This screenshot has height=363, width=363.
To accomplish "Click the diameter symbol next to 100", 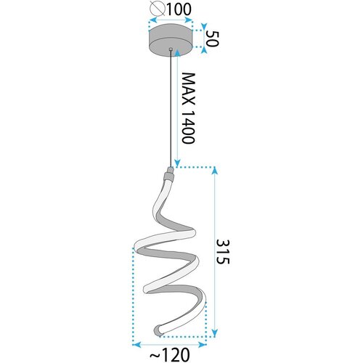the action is (x=158, y=9).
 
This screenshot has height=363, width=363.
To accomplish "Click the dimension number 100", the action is (x=179, y=9).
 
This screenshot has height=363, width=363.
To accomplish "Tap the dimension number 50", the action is (x=213, y=38).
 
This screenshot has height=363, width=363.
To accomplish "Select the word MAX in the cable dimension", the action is (x=188, y=89).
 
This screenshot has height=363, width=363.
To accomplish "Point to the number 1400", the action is (x=188, y=127).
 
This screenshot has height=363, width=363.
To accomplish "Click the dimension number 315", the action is (x=222, y=252).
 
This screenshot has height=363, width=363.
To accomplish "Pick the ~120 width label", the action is (x=170, y=355).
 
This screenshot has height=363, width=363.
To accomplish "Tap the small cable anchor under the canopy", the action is (x=171, y=49).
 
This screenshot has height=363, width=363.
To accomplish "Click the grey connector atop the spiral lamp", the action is (x=169, y=175).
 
